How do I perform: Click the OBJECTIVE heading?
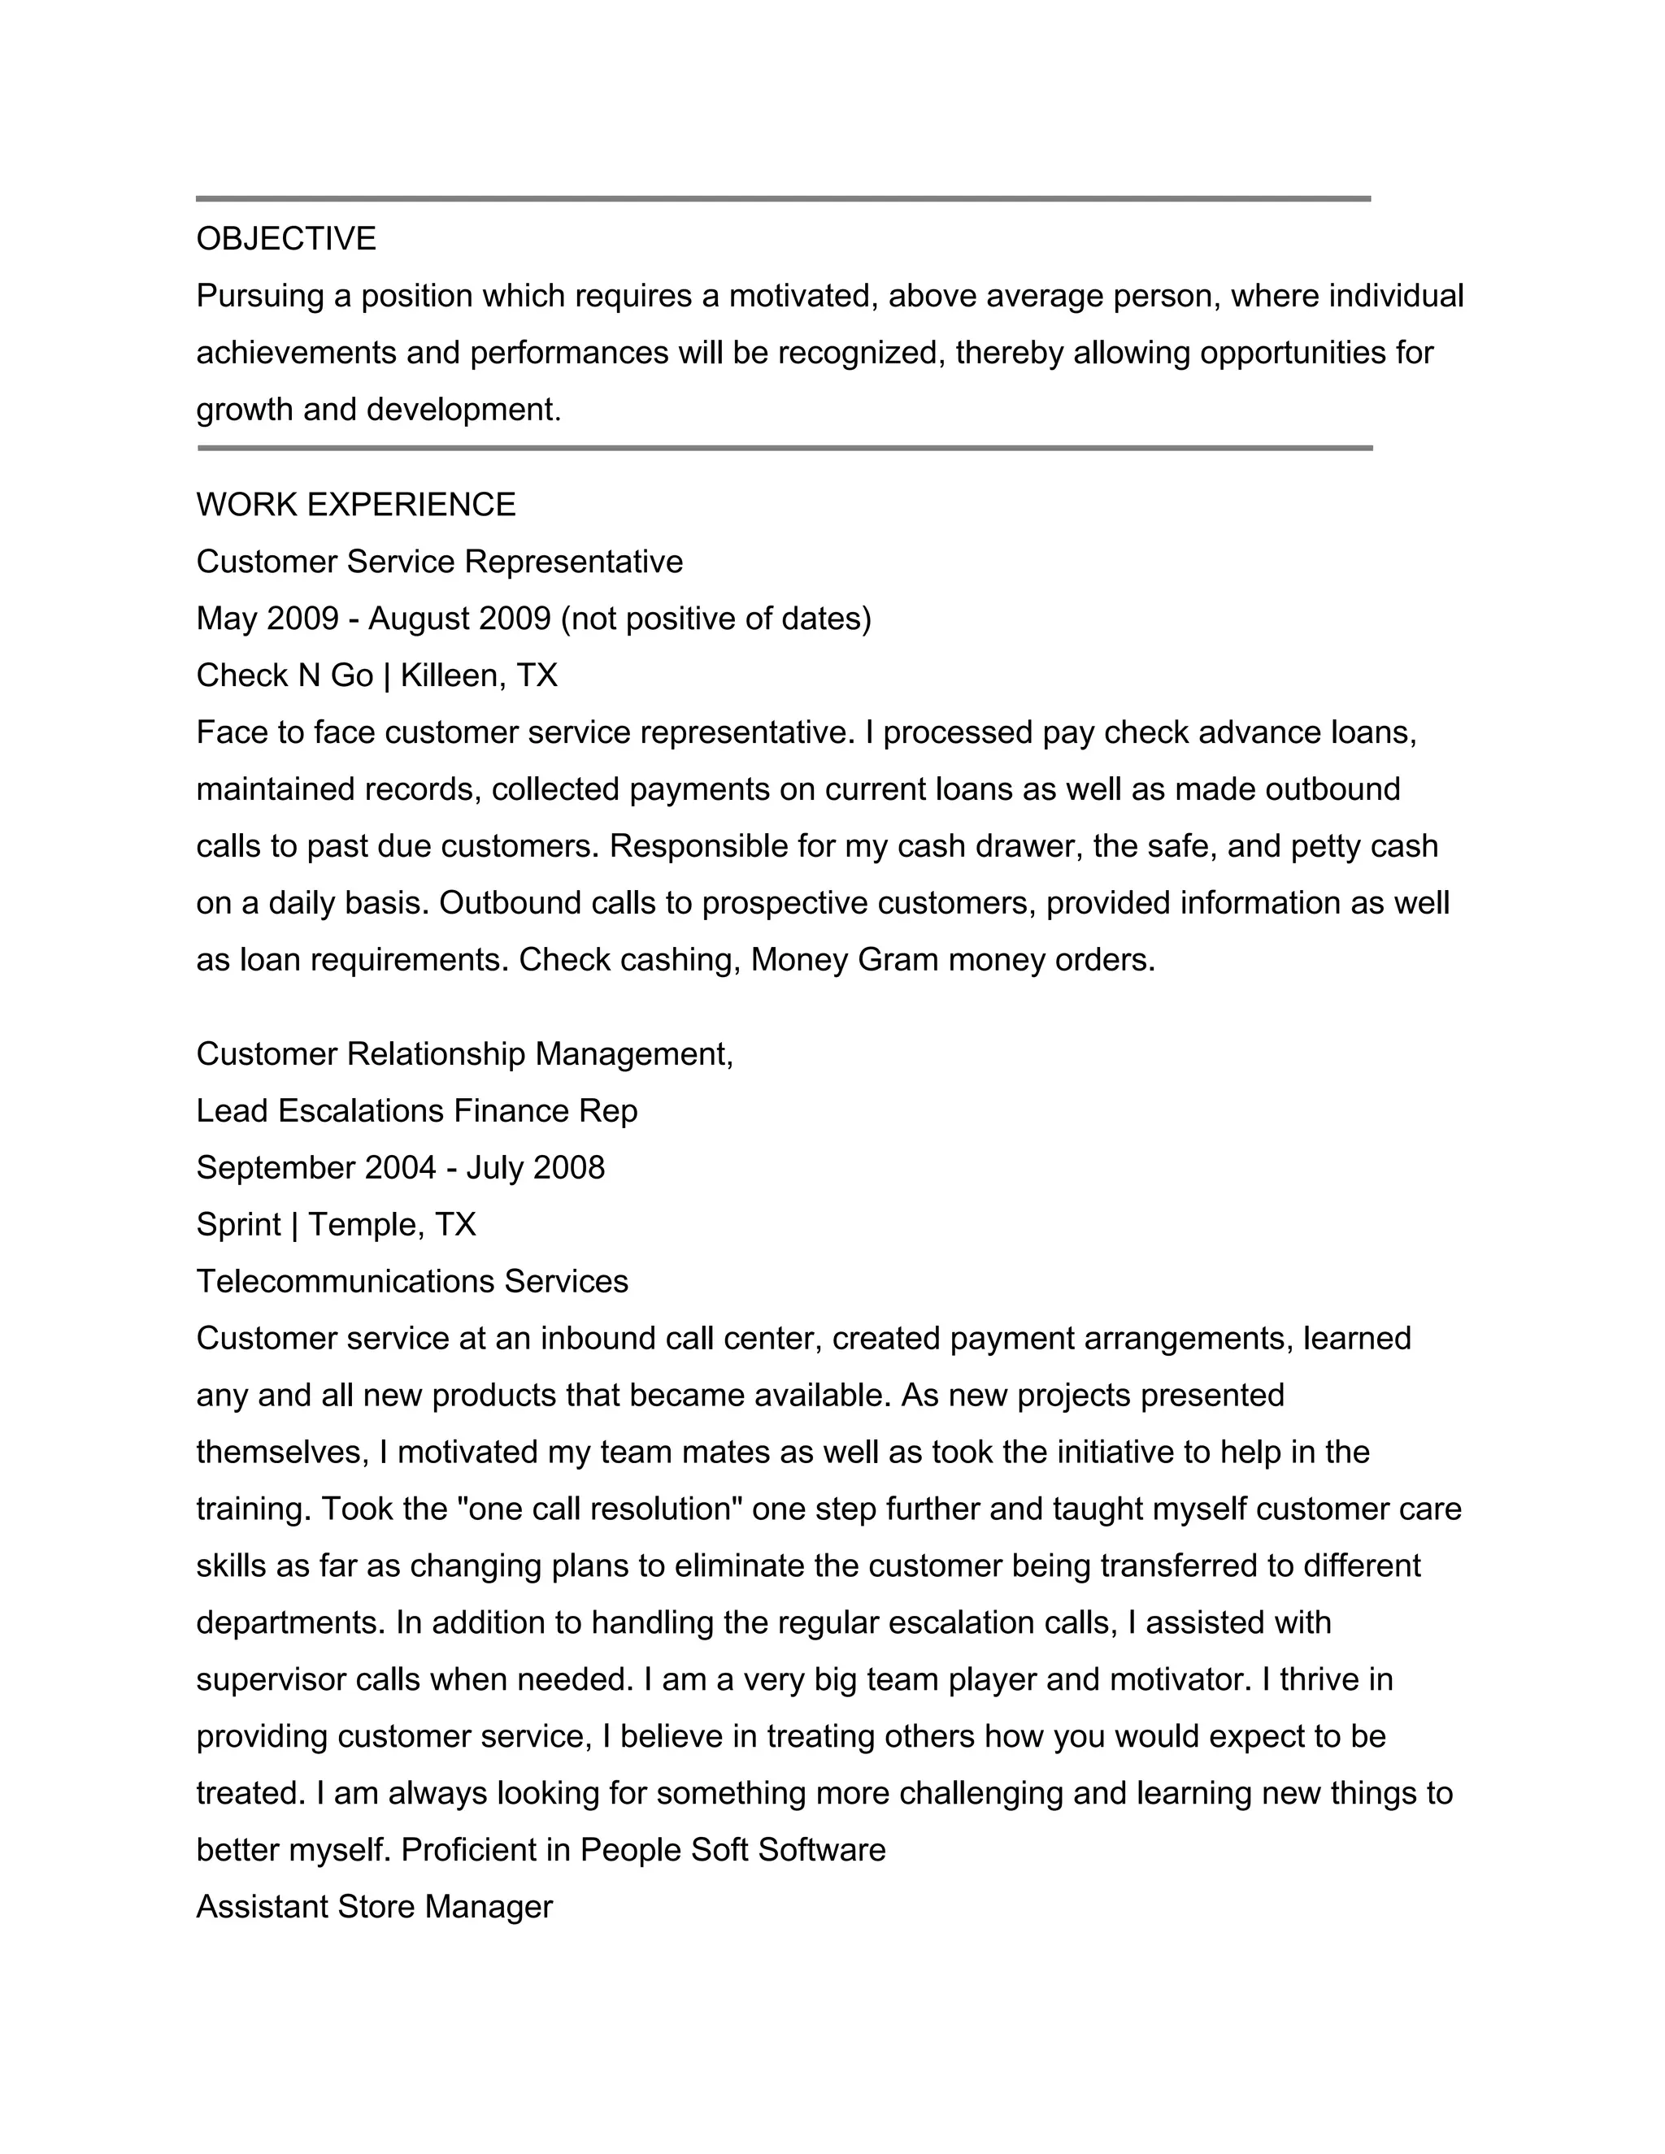click(x=286, y=240)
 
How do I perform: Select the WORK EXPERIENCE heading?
click(x=356, y=505)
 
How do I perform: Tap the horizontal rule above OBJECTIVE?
click(x=783, y=199)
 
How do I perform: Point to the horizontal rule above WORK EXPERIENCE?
click(x=785, y=449)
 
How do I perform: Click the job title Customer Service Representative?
click(x=439, y=562)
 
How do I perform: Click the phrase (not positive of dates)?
click(x=716, y=619)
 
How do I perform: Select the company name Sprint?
click(x=237, y=1225)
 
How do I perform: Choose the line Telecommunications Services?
click(x=412, y=1282)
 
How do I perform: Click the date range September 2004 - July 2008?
click(x=401, y=1168)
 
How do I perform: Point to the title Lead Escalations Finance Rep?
click(x=416, y=1111)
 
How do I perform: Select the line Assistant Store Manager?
click(x=374, y=1906)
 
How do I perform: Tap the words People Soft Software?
click(x=733, y=1849)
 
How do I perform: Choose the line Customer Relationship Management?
click(x=464, y=1054)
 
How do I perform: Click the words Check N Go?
click(x=284, y=675)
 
